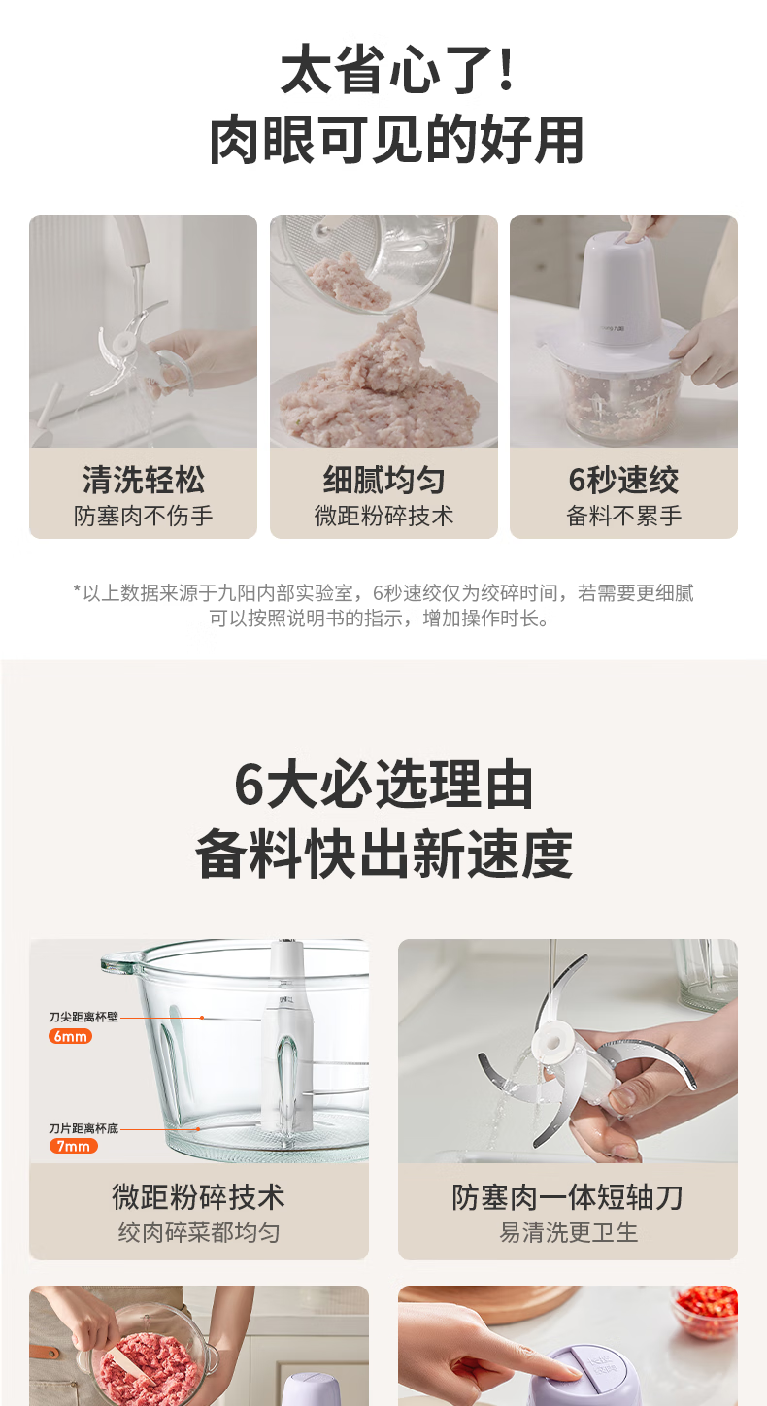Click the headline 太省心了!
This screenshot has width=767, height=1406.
click(397, 69)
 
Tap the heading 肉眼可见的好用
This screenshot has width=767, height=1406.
click(397, 140)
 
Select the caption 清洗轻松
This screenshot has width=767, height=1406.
click(143, 480)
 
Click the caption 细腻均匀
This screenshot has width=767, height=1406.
click(383, 480)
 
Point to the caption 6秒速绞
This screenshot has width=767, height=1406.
click(623, 480)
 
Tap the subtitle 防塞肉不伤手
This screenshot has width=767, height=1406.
click(143, 516)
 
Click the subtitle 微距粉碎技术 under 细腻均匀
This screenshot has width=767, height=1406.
click(383, 516)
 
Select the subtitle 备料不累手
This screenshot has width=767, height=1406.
click(623, 516)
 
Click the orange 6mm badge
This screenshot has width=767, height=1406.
click(70, 1036)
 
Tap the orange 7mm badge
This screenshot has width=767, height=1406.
click(74, 1146)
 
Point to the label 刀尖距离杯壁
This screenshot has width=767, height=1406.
click(83, 1017)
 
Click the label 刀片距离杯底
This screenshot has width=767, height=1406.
click(83, 1128)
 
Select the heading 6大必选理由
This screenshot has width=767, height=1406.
click(383, 785)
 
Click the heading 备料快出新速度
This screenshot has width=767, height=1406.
click(383, 854)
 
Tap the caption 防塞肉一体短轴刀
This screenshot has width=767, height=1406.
click(567, 1197)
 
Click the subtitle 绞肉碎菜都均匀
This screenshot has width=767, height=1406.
click(199, 1232)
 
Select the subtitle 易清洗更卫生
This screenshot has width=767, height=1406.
click(567, 1232)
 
